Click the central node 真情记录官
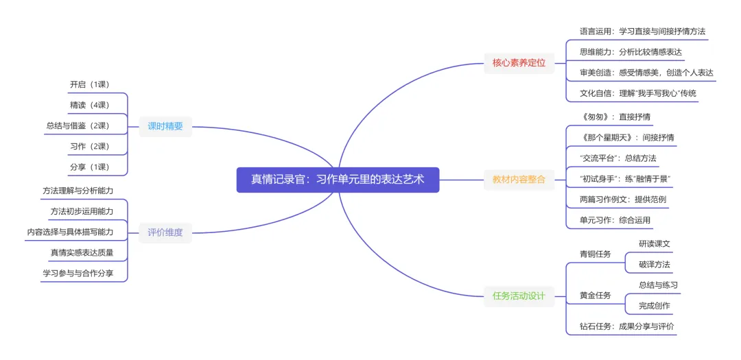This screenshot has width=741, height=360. click(x=338, y=180)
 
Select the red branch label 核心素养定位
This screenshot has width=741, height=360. click(x=519, y=62)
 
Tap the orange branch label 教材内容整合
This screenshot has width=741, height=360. click(x=519, y=180)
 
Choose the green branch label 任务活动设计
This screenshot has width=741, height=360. click(x=519, y=296)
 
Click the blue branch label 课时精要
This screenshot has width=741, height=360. click(x=165, y=126)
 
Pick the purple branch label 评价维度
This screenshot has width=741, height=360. click(x=165, y=232)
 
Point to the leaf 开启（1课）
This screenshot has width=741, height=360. click(x=89, y=84)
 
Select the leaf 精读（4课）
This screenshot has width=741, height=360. click(x=89, y=105)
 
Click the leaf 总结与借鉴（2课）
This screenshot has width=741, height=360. click(x=78, y=125)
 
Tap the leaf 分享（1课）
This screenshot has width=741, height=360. click(x=89, y=167)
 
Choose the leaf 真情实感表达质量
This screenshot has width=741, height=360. click(x=82, y=252)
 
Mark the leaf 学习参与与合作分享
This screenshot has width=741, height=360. click(x=78, y=273)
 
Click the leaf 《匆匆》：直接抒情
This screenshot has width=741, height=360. click(x=615, y=117)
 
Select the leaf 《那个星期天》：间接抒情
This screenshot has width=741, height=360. click(x=626, y=137)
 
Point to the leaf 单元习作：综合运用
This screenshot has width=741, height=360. click(x=615, y=220)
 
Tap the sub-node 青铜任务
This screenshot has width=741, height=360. click(x=595, y=254)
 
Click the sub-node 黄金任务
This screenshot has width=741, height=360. click(x=595, y=296)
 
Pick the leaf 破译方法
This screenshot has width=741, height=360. click(x=654, y=265)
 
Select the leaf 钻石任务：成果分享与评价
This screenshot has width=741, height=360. click(x=626, y=326)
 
